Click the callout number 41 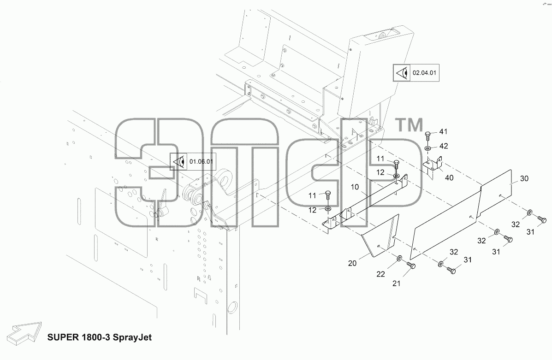(443, 132)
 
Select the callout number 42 (444, 146)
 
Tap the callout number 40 (449, 178)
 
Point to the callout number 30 (524, 178)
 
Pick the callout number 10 (355, 187)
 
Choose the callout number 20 (352, 263)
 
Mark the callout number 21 (397, 283)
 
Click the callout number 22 (380, 274)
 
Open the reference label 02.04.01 (424, 73)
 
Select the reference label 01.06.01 (201, 161)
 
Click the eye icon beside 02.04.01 (402, 73)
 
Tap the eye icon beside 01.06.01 (179, 162)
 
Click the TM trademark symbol (410, 125)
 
